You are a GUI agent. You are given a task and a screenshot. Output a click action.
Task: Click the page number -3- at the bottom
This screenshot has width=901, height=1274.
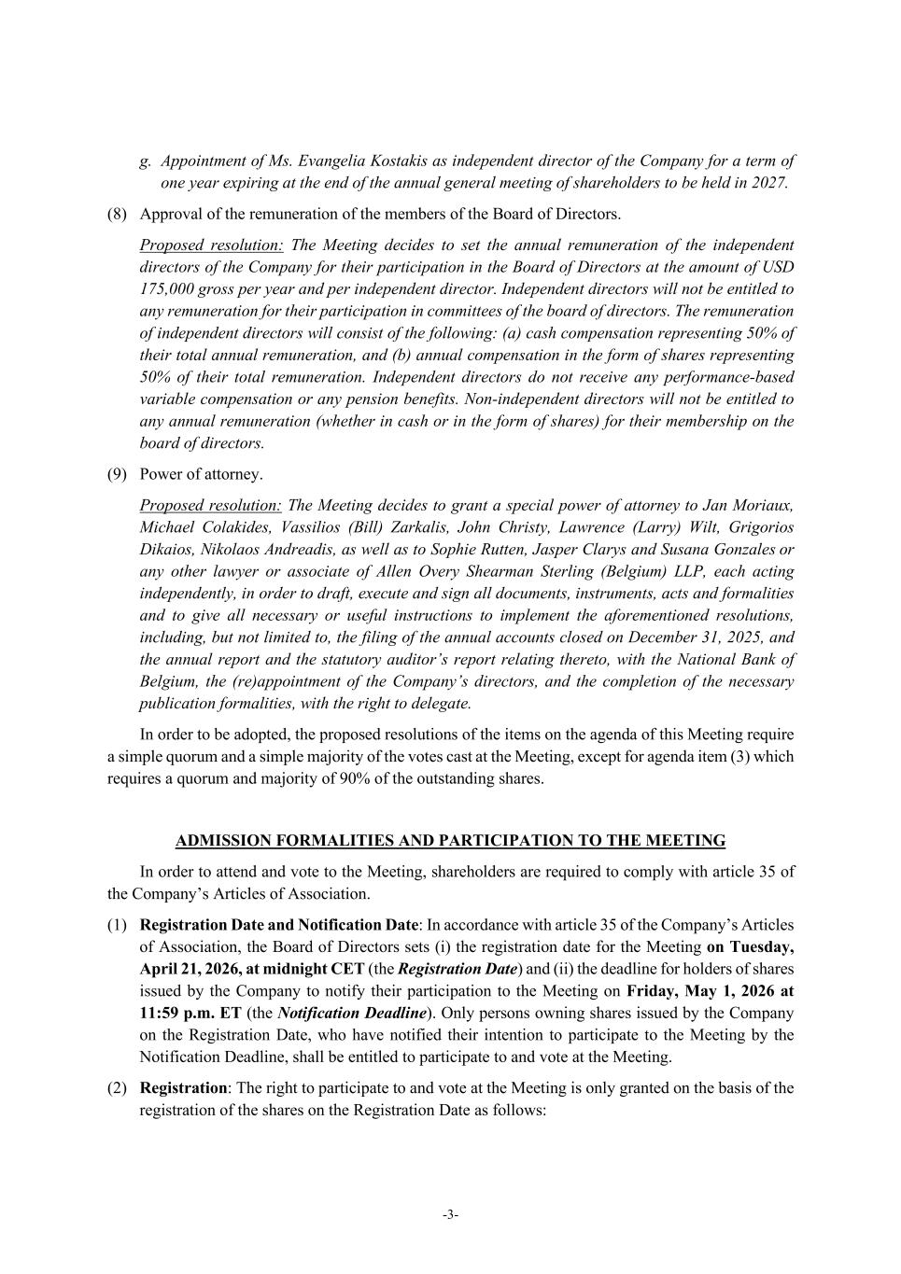(450, 1214)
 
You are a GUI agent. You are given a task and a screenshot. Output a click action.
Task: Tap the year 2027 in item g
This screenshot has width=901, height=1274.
(768, 183)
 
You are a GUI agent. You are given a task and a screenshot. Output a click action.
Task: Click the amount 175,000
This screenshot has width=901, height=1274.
(170, 289)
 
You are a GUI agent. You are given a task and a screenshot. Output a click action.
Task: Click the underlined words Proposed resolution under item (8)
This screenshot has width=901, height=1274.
(211, 245)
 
